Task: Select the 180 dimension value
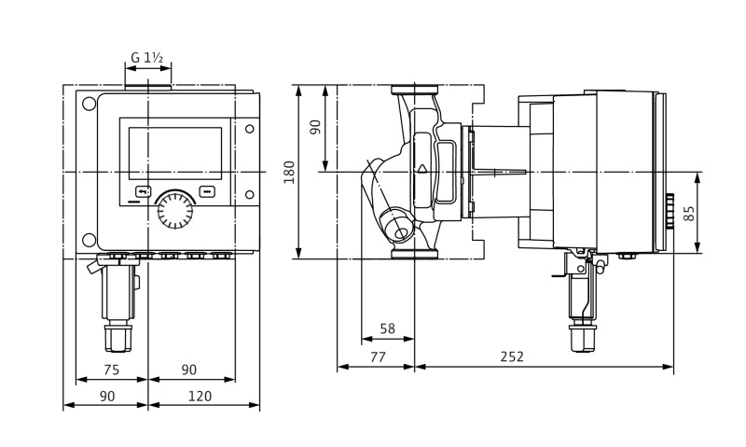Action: coord(290,172)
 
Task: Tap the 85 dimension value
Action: coord(689,213)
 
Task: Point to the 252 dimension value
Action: coord(512,356)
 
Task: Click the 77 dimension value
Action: coord(377,356)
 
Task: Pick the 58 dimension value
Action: coord(388,329)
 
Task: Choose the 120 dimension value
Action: coord(200,397)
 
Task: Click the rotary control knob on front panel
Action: coord(174,210)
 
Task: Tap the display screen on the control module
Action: coord(175,153)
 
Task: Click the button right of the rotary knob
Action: coord(207,192)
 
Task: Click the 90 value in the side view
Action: coord(315,127)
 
